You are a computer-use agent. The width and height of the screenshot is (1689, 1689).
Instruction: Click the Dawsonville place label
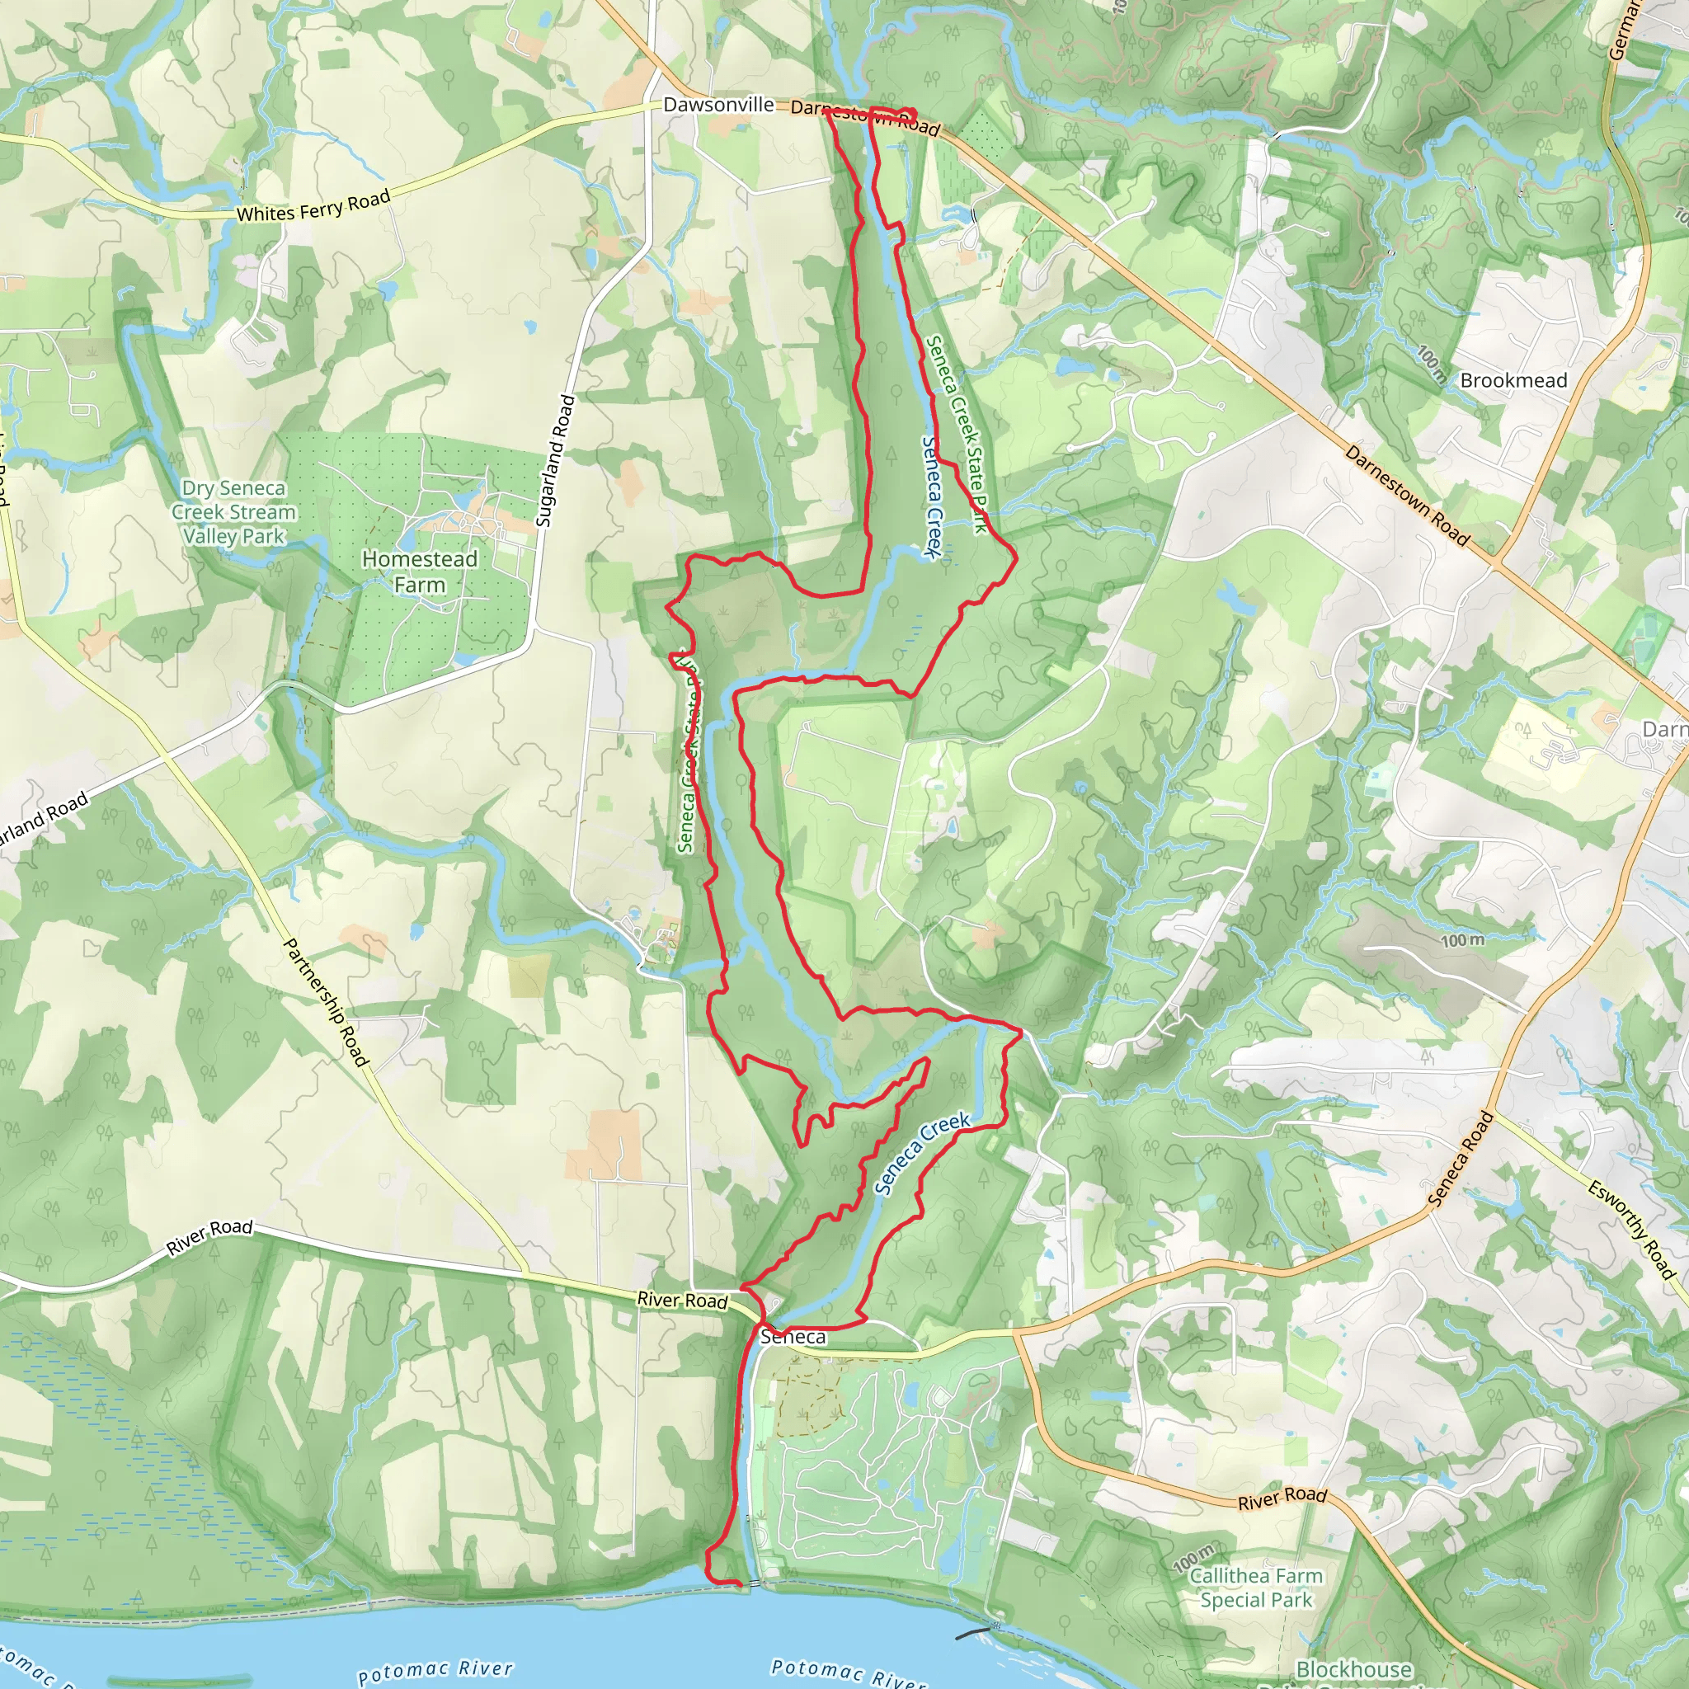tap(718, 105)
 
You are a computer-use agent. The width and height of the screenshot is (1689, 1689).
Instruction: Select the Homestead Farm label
tap(420, 571)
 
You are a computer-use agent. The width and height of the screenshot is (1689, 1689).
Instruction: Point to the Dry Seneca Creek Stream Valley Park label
tap(233, 512)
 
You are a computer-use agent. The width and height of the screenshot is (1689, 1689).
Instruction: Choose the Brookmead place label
tap(1513, 380)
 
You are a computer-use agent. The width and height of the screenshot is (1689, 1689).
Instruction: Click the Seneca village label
tap(793, 1336)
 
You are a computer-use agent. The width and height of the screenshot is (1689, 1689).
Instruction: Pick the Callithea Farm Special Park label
tap(1256, 1588)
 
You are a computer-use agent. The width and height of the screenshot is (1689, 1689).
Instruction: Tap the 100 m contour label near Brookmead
tap(1431, 364)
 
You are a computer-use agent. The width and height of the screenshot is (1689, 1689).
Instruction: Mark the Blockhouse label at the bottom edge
tap(1353, 1669)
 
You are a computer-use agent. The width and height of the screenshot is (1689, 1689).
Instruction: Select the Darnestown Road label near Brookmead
tap(1407, 496)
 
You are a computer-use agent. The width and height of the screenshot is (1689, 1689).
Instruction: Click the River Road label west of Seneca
tap(682, 1300)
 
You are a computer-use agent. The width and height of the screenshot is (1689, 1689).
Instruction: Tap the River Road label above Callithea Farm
tap(1282, 1499)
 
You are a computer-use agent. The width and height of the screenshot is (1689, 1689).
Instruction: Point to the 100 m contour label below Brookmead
tap(1462, 941)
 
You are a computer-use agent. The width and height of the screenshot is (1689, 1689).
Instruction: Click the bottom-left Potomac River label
tap(435, 1670)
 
